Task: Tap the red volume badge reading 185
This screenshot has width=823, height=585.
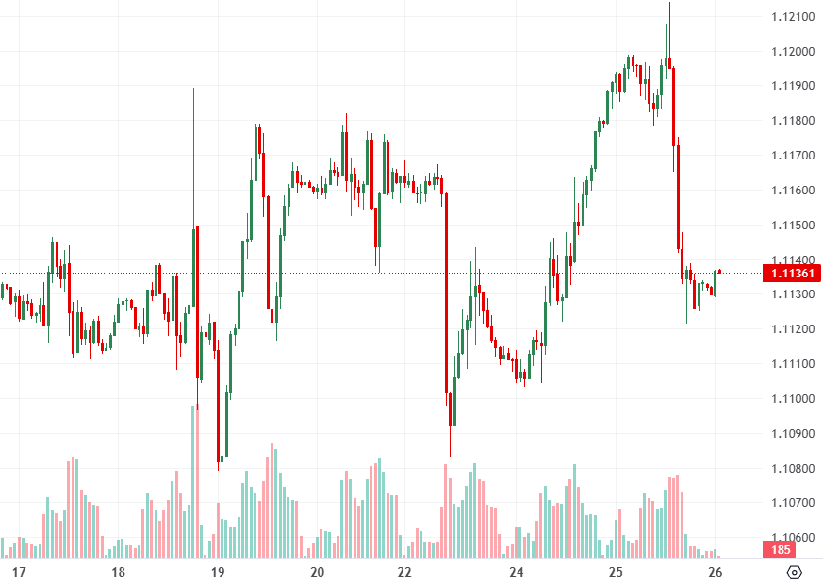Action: pyautogui.click(x=782, y=549)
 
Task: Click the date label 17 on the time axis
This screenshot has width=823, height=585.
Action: pyautogui.click(x=18, y=572)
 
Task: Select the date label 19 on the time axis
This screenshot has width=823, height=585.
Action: pyautogui.click(x=217, y=572)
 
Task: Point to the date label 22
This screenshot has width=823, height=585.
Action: pyautogui.click(x=417, y=572)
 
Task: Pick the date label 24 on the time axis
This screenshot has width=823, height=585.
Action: pyautogui.click(x=517, y=572)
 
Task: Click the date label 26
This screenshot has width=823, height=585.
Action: pyautogui.click(x=716, y=572)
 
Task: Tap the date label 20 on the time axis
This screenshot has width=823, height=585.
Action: pyautogui.click(x=317, y=572)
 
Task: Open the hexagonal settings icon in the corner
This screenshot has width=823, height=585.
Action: pyautogui.click(x=794, y=572)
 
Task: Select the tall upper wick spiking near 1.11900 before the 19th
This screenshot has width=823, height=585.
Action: pyautogui.click(x=193, y=142)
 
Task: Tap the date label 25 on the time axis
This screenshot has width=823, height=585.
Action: pyautogui.click(x=616, y=572)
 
